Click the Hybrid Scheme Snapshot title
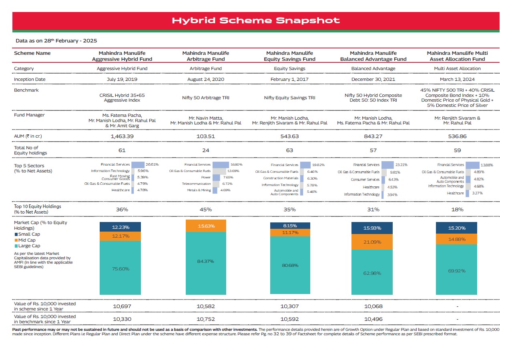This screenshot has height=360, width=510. pyautogui.click(x=256, y=20)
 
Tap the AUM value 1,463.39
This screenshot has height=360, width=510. pyautogui.click(x=122, y=136)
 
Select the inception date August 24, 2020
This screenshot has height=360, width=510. pyautogui.click(x=206, y=79)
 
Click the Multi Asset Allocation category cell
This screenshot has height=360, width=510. pyautogui.click(x=457, y=68)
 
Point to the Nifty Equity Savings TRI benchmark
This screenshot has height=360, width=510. pyautogui.click(x=289, y=98)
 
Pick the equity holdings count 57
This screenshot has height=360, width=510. pyautogui.click(x=373, y=150)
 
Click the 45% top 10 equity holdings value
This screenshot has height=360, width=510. pyautogui.click(x=206, y=209)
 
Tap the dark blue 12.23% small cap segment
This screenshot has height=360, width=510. pyautogui.click(x=120, y=227)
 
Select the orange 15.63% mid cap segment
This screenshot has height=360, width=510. pyautogui.click(x=206, y=226)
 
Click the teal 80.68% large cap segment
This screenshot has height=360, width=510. pyautogui.click(x=290, y=265)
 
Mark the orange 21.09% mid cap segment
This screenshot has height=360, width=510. pyautogui.click(x=372, y=242)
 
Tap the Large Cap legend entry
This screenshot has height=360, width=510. pyautogui.click(x=27, y=246)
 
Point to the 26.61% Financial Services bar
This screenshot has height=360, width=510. pyautogui.click(x=138, y=164)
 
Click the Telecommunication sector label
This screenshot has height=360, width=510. pyautogui.click(x=196, y=184)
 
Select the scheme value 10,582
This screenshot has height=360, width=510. pyautogui.click(x=206, y=306)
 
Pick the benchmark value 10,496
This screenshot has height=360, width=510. pyautogui.click(x=373, y=319)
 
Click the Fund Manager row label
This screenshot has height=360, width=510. pyautogui.click(x=29, y=115)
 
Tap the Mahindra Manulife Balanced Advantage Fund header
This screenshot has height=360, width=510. pyautogui.click(x=373, y=56)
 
